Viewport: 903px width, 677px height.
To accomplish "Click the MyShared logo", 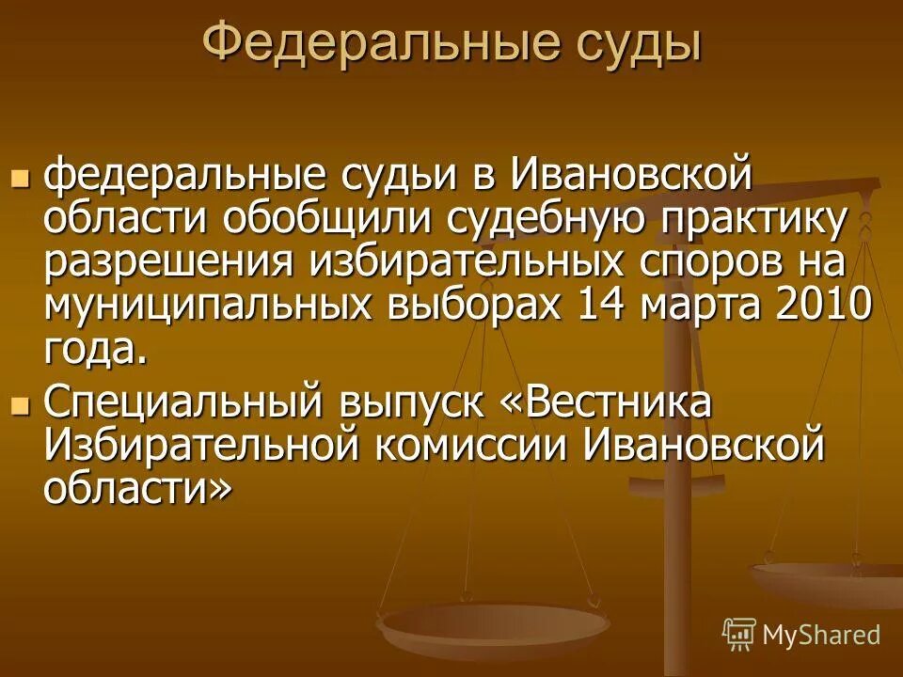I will click(801, 634).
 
